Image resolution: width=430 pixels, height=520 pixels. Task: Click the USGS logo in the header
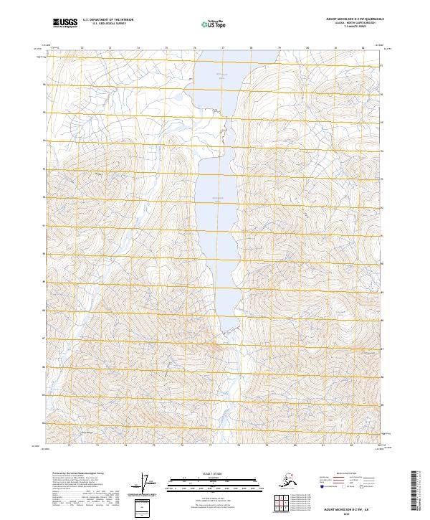(x=65, y=24)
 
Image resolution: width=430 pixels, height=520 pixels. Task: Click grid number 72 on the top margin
(x=81, y=47)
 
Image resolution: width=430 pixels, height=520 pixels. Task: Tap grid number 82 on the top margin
(x=363, y=47)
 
